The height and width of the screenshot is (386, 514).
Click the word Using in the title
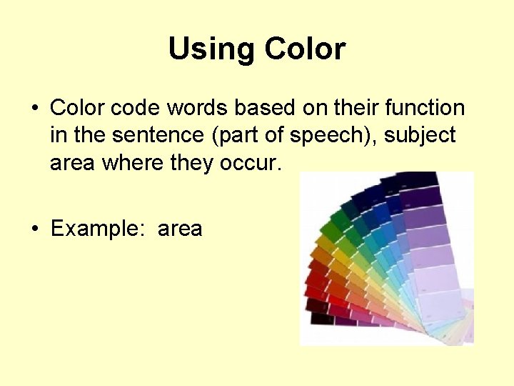(213, 49)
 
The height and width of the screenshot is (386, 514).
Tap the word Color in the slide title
(305, 49)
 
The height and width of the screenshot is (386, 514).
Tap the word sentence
(146, 136)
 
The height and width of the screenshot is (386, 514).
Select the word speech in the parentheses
(307, 136)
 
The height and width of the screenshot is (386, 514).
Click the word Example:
(98, 229)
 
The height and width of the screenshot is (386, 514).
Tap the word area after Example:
(180, 229)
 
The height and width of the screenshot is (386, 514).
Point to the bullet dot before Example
(34, 229)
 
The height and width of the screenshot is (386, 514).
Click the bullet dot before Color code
(34, 109)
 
